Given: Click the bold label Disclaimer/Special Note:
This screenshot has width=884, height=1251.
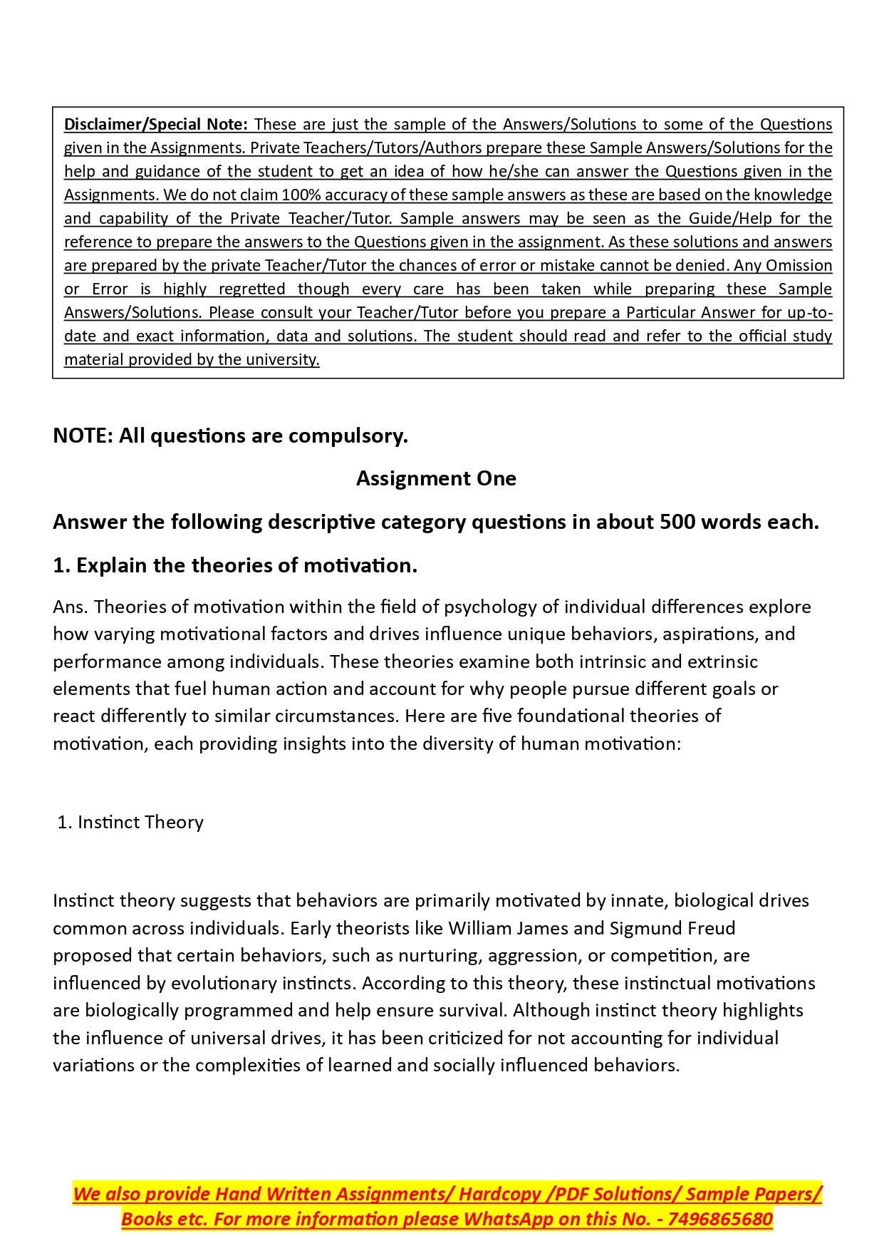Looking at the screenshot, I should tap(156, 125).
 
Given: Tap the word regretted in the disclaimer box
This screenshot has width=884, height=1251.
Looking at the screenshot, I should tap(251, 289).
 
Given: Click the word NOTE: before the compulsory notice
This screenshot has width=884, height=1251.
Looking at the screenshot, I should tap(83, 436).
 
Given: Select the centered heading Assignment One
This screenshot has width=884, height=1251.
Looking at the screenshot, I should tap(436, 478).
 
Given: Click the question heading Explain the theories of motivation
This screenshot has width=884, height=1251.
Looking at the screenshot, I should tap(246, 566).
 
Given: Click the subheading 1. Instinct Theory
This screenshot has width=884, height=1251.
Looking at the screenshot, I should tap(130, 823).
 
